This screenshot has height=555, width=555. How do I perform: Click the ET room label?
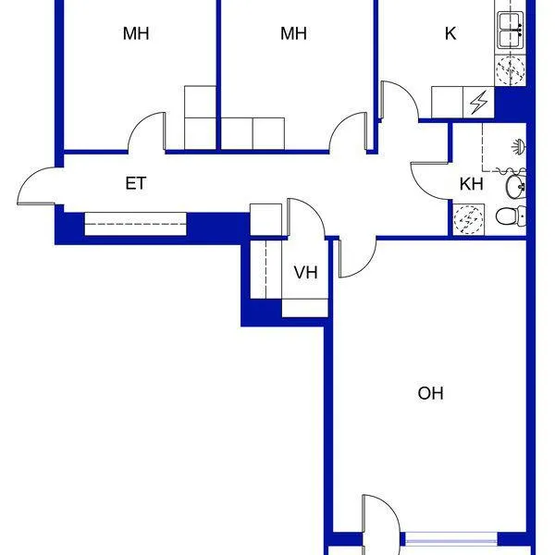(136, 183)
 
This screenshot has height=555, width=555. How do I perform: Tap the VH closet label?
(306, 273)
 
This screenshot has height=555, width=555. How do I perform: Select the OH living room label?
(430, 393)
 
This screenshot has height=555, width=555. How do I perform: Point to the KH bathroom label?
(472, 184)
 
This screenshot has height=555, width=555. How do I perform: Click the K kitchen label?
(450, 33)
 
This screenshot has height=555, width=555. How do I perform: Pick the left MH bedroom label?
(136, 33)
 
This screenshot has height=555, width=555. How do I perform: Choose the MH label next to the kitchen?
(293, 33)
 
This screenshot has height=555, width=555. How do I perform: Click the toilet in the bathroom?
(511, 216)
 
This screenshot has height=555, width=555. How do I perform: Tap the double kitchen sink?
(511, 31)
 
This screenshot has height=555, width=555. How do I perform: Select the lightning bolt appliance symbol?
(478, 102)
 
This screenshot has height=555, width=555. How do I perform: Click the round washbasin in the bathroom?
(516, 186)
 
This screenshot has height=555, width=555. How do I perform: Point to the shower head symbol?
(520, 146)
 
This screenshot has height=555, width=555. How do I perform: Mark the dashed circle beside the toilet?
(468, 220)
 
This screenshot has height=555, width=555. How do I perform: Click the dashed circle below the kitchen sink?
(510, 70)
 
